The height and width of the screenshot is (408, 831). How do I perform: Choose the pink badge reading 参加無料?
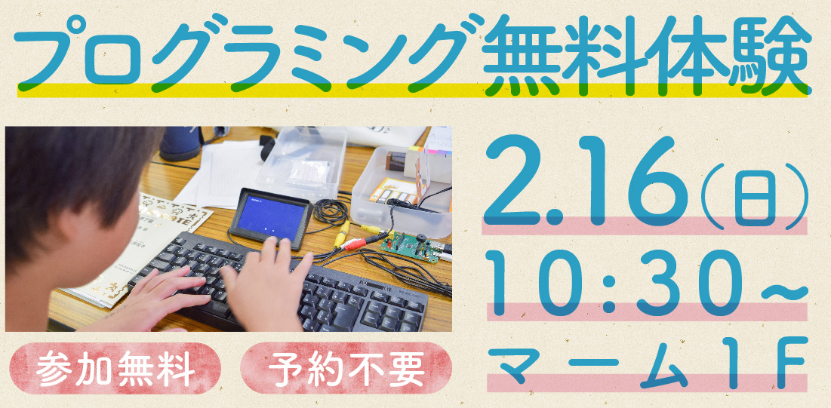pos(115,368)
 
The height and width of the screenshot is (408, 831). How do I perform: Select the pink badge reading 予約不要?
pos(346,368)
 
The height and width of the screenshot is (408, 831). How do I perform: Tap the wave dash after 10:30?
pos(784,291)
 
